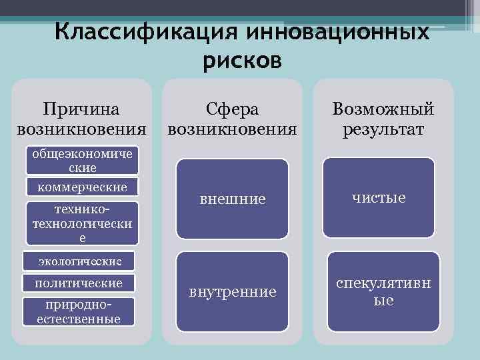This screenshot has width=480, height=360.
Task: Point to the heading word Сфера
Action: click(232, 109)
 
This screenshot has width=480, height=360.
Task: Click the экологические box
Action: click(77, 258)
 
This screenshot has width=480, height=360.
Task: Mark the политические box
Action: click(79, 283)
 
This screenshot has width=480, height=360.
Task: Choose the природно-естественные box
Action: click(79, 311)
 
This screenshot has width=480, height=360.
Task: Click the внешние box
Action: click(232, 199)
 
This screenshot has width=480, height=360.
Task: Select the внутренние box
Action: click(232, 292)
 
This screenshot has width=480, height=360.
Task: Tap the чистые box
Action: click(379, 197)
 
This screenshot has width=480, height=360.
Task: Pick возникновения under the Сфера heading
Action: click(232, 128)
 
